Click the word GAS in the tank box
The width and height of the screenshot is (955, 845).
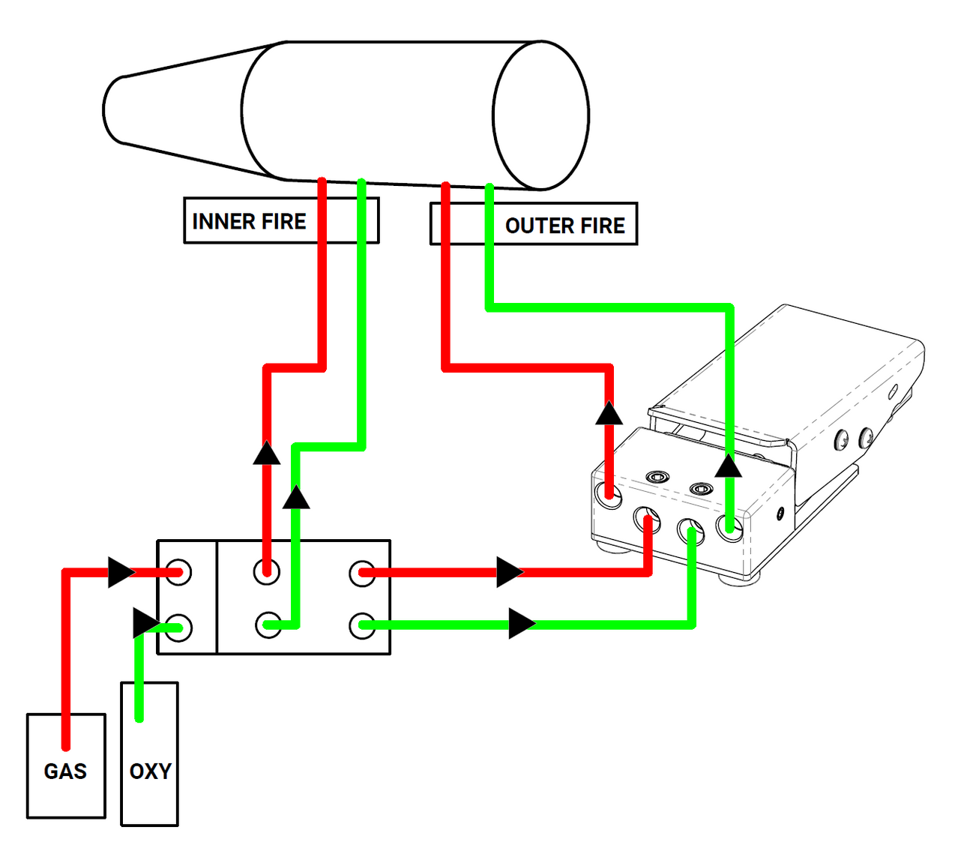65,771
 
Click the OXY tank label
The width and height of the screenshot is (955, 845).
150,771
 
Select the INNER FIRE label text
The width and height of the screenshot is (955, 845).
249,221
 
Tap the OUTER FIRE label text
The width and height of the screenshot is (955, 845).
564,226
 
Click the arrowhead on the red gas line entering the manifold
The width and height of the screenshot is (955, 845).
121,572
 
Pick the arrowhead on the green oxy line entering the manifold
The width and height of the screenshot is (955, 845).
145,622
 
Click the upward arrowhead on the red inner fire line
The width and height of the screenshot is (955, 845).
266,453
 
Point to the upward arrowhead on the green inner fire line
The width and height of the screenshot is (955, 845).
296,497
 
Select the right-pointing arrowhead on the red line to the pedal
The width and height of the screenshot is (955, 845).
510,572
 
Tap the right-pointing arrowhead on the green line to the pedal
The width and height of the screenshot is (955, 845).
522,624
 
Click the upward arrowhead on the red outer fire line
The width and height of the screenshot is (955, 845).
609,413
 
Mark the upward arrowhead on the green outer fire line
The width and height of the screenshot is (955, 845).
728,466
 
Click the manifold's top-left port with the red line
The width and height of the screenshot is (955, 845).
179,572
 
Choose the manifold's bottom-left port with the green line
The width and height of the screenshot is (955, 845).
179,628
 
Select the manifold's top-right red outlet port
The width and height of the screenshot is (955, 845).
362,573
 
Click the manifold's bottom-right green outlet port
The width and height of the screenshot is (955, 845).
362,625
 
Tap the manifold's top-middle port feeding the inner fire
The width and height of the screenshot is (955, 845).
266,572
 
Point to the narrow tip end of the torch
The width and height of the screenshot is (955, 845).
112,109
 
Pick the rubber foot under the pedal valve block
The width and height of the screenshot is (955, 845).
738,579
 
